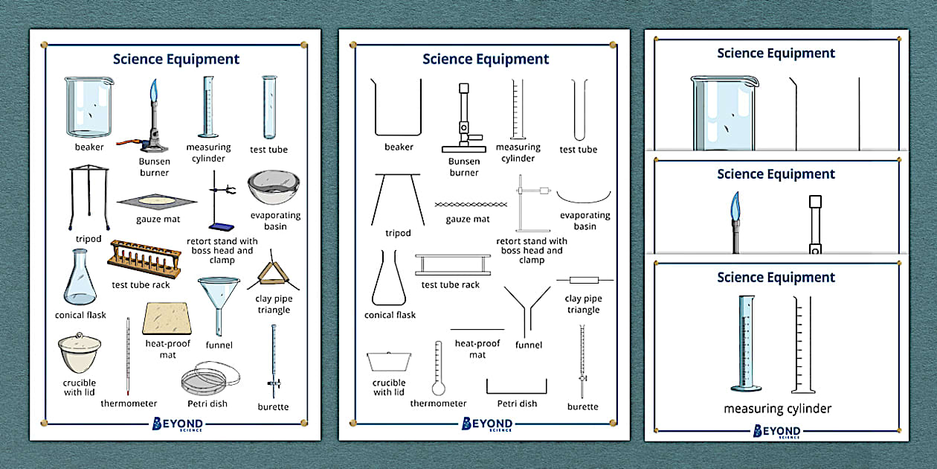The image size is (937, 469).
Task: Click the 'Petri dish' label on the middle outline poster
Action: coord(517,404)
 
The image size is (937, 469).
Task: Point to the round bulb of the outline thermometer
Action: coord(438,387)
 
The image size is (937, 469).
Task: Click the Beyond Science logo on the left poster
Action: coord(176,425)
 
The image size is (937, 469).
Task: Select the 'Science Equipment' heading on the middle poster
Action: coord(485,60)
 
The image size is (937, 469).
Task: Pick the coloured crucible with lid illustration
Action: coord(80,354)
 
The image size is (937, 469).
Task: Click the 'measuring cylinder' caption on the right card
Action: coord(777,409)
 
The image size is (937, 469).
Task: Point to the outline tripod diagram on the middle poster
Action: coord(398,199)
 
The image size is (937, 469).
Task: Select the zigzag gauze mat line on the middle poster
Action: coord(468,203)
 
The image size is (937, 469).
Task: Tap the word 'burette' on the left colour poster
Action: coord(273,407)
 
